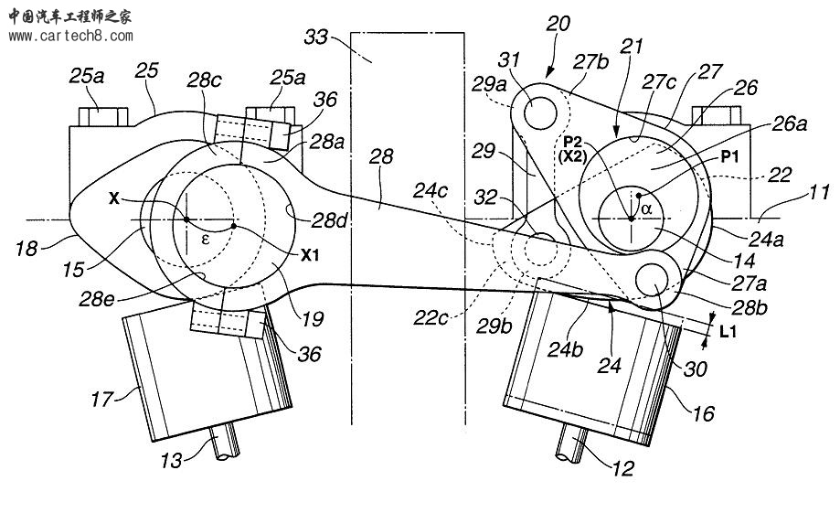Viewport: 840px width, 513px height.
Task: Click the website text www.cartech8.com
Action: pos(70,37)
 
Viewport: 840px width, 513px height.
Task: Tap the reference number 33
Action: pos(315,37)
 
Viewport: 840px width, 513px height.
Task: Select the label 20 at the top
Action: pos(558,24)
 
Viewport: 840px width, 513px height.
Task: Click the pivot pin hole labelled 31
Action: pos(540,113)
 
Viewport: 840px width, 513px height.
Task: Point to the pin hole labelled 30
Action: pos(652,279)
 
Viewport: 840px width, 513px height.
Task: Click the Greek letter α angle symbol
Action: pos(646,208)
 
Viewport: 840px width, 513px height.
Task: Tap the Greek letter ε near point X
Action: pos(205,240)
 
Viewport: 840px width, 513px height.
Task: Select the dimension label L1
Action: pos(728,332)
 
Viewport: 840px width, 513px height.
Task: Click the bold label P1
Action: pos(730,156)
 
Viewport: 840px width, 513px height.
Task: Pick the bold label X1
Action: pos(310,255)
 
